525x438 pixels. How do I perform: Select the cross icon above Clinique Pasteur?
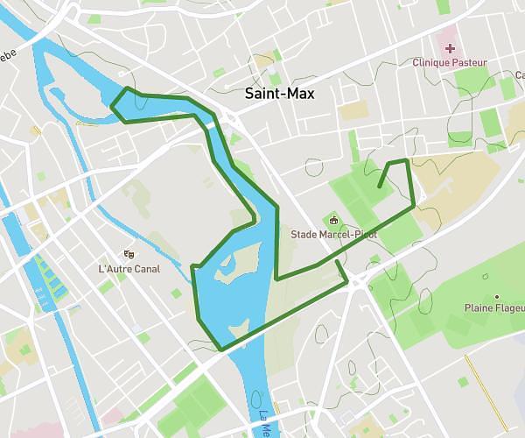click(x=450, y=48)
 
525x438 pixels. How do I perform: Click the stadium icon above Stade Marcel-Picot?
click(x=333, y=219)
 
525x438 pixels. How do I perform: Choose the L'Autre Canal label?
click(x=129, y=268)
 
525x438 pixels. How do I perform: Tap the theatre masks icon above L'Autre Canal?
click(x=129, y=254)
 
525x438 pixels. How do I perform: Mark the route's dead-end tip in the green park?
click(x=378, y=187)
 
